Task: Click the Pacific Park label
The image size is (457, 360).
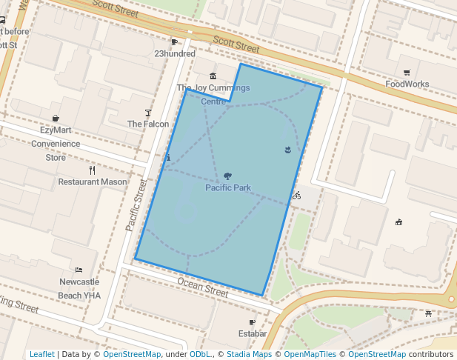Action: point(228,187)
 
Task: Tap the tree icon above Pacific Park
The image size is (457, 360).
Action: point(227,176)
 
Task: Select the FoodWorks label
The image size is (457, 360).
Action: point(407,84)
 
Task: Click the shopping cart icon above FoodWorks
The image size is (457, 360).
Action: point(407,73)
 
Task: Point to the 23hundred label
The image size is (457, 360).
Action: point(175,53)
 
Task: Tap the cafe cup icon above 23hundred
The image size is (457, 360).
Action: point(175,42)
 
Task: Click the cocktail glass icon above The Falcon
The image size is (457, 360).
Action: point(148,113)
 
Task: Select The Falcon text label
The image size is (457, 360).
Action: point(148,124)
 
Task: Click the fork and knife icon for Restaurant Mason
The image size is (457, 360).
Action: point(93,170)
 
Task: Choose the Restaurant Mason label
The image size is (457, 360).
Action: point(93,181)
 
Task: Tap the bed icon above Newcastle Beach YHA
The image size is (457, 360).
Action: point(79,270)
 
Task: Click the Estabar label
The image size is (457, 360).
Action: point(253,334)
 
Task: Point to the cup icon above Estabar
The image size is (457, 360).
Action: point(253,322)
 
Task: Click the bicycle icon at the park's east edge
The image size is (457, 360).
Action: point(296,196)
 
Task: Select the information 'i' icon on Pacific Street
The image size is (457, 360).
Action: point(169,158)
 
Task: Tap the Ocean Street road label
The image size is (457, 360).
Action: point(203,287)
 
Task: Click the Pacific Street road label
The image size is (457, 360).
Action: point(136,204)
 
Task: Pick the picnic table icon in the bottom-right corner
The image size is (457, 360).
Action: point(430,314)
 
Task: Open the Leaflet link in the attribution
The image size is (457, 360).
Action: point(41,354)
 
